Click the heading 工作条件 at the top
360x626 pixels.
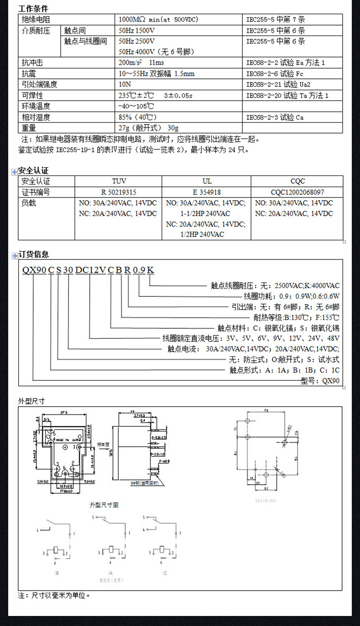[x=33, y=9]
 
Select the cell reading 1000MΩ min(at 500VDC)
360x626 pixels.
[x=158, y=20]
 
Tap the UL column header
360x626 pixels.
[x=207, y=181]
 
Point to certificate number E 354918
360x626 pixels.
[x=207, y=192]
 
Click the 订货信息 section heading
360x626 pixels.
[x=33, y=254]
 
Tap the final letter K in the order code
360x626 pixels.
[x=151, y=270]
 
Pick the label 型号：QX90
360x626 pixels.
[x=320, y=381]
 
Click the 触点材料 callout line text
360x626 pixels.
[x=278, y=328]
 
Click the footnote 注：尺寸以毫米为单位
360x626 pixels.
[x=54, y=595]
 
